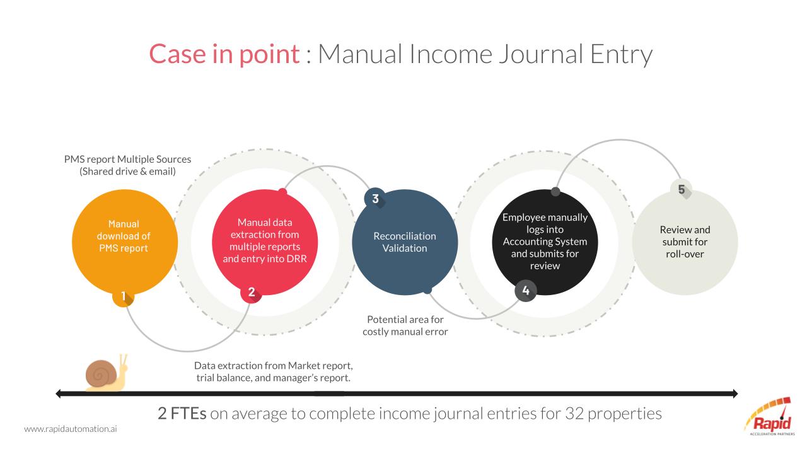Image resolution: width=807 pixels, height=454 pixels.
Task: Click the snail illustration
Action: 106,373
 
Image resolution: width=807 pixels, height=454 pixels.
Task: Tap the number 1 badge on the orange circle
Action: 123,296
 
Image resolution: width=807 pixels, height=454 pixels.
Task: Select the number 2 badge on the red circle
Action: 252,292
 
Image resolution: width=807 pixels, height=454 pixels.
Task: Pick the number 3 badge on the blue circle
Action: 375,199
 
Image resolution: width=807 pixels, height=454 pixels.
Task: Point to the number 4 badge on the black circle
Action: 526,291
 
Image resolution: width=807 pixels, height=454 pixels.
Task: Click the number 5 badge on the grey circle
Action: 682,190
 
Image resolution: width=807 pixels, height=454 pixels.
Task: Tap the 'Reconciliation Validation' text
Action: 405,242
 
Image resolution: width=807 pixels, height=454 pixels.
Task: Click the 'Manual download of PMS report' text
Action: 124,236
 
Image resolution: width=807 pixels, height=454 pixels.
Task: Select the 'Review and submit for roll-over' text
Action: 685,242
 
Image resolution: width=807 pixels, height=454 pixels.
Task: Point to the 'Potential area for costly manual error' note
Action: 405,325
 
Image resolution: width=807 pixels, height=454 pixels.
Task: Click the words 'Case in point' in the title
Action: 224,54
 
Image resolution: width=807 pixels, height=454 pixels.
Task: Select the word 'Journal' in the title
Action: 541,55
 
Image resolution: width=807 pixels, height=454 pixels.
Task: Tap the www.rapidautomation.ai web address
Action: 71,429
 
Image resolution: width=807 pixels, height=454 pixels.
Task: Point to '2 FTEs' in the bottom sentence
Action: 182,413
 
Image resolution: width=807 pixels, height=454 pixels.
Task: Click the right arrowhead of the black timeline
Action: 735,393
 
